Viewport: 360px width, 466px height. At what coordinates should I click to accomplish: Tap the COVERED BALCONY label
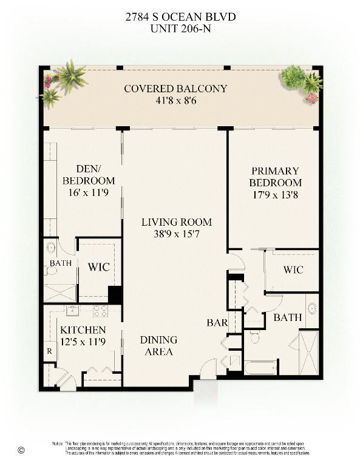pyautogui.click(x=175, y=89)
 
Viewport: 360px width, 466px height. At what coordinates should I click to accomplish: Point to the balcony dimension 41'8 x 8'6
pyautogui.click(x=175, y=100)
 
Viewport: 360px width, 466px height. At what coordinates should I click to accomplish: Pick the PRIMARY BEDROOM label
pyautogui.click(x=276, y=177)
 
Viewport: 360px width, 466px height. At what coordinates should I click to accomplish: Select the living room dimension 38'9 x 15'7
pyautogui.click(x=176, y=234)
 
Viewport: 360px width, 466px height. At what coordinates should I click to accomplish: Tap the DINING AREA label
pyautogui.click(x=159, y=346)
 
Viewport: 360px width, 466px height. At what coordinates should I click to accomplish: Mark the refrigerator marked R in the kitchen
pyautogui.click(x=49, y=351)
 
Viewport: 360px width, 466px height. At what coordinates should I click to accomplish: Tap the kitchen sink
pyautogui.click(x=73, y=310)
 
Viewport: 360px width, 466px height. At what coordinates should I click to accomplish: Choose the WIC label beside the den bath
pyautogui.click(x=98, y=266)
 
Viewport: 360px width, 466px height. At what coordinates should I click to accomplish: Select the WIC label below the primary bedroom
pyautogui.click(x=293, y=269)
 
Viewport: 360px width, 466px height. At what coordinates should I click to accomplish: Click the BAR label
pyautogui.click(x=217, y=323)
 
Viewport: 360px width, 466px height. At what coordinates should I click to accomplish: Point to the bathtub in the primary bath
pyautogui.click(x=261, y=366)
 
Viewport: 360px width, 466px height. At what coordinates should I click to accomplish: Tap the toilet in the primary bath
pyautogui.click(x=255, y=337)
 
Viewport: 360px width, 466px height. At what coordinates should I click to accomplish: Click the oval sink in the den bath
pyautogui.click(x=52, y=248)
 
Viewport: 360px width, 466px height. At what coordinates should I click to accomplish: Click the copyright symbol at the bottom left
pyautogui.click(x=22, y=450)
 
